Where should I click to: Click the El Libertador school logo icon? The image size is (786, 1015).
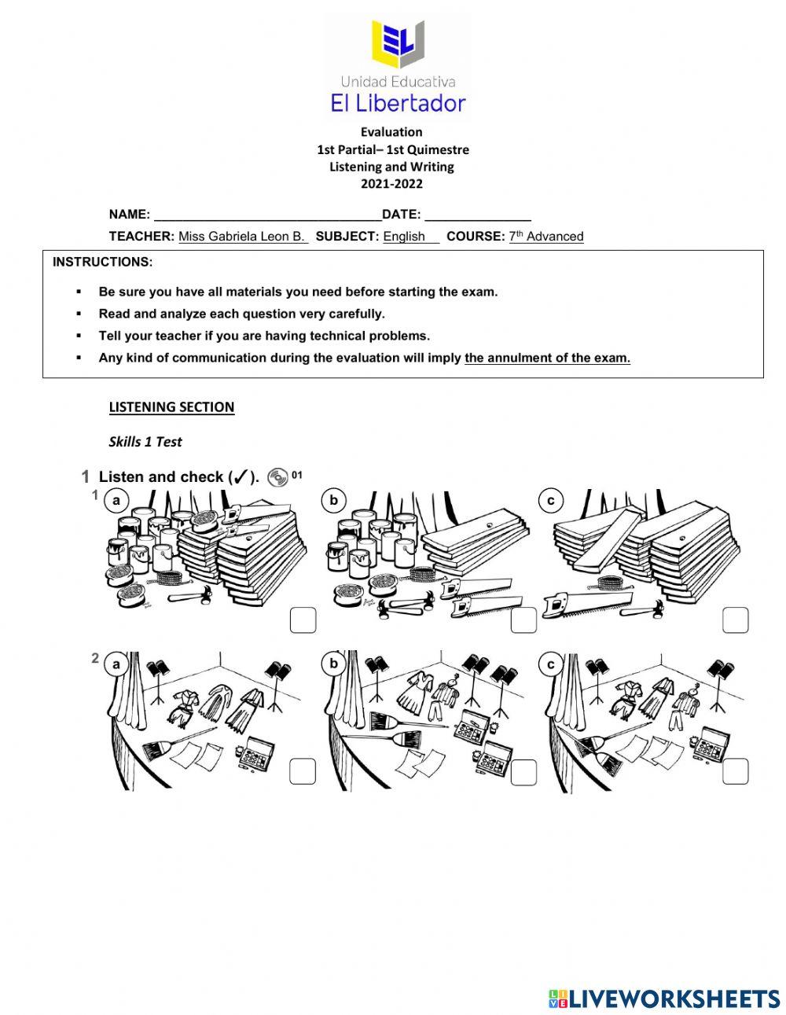[399, 46]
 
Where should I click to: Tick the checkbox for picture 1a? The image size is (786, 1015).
[303, 620]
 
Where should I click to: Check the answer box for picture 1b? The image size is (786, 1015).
[523, 620]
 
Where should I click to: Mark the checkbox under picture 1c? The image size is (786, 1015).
[735, 620]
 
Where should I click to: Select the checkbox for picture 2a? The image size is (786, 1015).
[303, 772]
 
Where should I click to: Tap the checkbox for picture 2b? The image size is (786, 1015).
[523, 773]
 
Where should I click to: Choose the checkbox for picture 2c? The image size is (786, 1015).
[735, 772]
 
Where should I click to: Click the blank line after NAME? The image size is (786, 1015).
[267, 215]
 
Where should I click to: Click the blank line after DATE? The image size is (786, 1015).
[477, 215]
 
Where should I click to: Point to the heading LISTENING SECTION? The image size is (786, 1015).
[171, 407]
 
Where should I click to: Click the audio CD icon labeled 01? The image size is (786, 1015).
[277, 477]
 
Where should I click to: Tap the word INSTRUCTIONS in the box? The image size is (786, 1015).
[102, 262]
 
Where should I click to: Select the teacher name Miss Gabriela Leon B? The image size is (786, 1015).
[242, 237]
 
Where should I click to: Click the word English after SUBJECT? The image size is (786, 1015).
[404, 237]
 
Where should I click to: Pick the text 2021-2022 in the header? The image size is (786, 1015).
[391, 184]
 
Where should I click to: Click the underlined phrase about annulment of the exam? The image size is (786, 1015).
[547, 358]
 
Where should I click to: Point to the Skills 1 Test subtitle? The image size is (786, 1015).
[145, 442]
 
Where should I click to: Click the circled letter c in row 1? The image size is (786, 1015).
[551, 500]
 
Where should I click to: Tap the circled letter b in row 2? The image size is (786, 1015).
[333, 664]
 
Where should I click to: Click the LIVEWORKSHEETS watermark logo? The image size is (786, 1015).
[664, 998]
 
